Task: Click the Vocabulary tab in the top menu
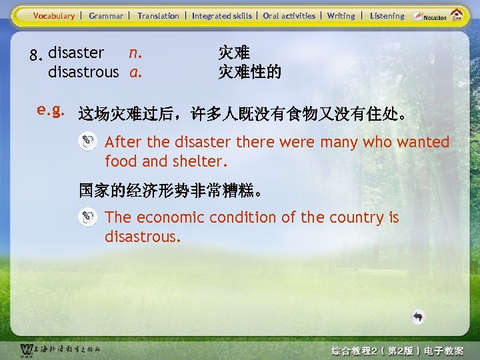coord(54,16)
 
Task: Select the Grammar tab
coord(106,16)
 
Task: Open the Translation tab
coord(158,16)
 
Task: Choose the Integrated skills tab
coord(222,16)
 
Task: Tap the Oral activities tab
coord(289,16)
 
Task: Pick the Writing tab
coord(341,16)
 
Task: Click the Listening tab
coord(387,16)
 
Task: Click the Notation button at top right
coord(430,17)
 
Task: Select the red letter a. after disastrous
coord(135,71)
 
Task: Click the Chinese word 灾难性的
coord(249,71)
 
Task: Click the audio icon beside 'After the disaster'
coord(87,141)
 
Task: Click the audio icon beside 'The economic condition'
coord(87,217)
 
